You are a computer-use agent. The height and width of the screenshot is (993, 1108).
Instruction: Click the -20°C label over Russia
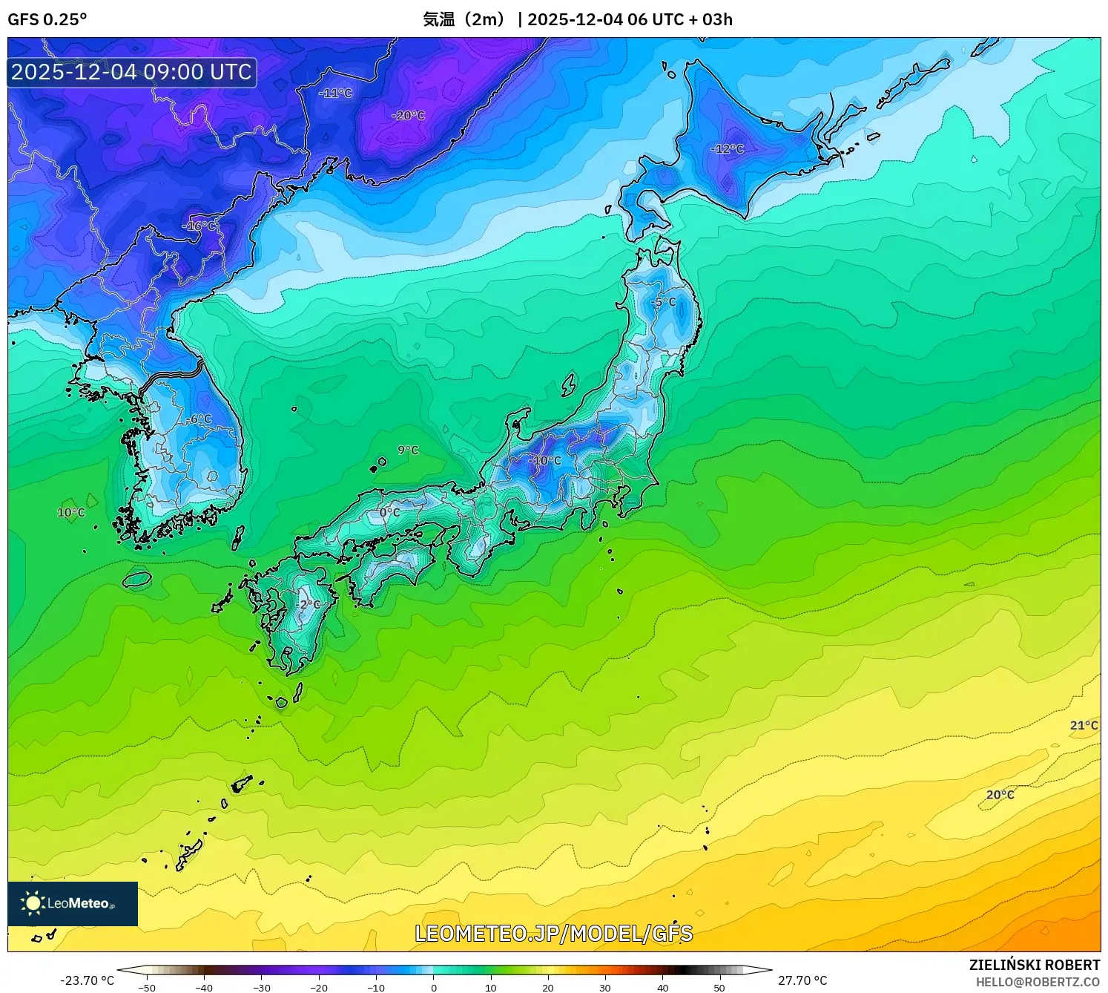point(409,116)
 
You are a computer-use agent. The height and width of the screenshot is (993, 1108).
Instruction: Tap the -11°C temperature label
point(336,94)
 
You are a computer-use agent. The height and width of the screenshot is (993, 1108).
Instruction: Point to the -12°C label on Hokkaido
point(727,149)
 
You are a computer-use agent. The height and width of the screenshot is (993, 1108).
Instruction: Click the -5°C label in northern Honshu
point(663,302)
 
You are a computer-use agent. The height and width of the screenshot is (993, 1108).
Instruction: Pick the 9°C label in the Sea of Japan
point(408,450)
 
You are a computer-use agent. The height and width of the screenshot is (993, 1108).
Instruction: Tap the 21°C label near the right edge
point(1084,725)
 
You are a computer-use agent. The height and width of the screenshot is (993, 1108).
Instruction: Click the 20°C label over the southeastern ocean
point(1000,795)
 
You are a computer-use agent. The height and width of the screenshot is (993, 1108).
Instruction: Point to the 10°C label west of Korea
point(71,513)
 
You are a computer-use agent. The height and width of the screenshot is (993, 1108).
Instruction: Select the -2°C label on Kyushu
point(309,605)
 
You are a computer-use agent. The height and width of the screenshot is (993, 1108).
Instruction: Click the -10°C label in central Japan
point(545,461)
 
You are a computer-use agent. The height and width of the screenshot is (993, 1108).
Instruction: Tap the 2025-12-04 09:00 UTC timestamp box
point(132,72)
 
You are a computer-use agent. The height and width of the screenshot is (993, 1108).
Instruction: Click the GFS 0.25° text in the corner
point(47,19)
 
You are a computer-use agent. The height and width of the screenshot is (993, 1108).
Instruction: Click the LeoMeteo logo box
point(73,903)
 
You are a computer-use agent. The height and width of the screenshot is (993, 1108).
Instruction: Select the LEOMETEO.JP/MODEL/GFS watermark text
point(553,934)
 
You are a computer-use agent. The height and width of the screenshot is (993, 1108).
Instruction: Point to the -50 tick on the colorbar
point(147,988)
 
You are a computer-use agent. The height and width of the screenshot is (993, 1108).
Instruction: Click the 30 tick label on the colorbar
point(605,988)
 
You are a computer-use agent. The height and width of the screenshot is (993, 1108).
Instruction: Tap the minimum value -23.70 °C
point(87,980)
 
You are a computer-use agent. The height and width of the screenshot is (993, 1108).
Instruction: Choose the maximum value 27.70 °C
point(802,980)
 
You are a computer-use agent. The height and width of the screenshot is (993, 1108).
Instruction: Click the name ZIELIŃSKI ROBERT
point(1035,965)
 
